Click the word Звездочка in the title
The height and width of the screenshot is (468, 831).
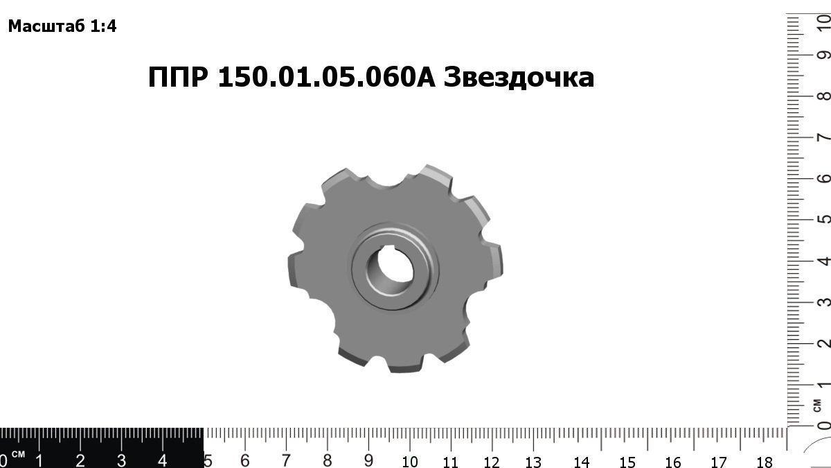coord(519,78)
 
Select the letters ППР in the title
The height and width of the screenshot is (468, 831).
coord(177,78)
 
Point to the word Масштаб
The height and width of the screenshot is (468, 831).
coord(47,27)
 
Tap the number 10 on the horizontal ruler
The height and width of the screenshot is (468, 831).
coord(409,461)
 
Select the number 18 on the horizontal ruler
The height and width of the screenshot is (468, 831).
coord(764,461)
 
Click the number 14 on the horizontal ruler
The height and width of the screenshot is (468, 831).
coord(581,461)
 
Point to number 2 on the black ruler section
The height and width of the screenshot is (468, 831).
coord(80,460)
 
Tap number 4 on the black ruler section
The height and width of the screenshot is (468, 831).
coord(162,460)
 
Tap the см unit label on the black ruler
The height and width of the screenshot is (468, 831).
coord(19,454)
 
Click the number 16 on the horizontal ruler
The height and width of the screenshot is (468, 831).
coord(672,461)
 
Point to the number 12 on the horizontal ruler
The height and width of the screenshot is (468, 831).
coord(492,461)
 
